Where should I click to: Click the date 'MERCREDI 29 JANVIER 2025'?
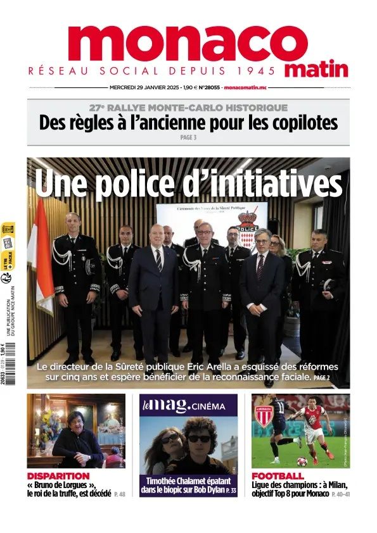click(144, 87)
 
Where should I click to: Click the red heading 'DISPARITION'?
click(58, 475)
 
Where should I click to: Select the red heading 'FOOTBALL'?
click(278, 475)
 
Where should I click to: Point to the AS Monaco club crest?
click(263, 415)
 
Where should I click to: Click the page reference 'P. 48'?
click(120, 493)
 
